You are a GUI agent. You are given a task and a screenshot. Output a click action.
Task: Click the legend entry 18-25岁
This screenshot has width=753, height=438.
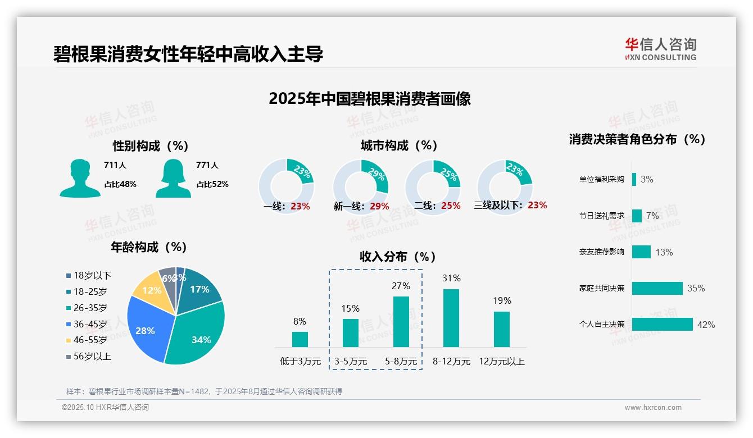coord(90,291)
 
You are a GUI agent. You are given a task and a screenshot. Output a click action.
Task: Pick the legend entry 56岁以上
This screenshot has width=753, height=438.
coord(92,356)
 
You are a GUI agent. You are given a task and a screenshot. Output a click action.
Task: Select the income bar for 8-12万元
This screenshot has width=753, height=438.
coord(451,318)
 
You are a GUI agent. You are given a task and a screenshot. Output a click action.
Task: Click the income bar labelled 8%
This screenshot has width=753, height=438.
coord(300,339)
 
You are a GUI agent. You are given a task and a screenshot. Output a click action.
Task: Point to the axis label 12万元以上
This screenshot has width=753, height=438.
coord(501,362)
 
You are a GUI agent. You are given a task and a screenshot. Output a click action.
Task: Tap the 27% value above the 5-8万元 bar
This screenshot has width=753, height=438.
coord(401,286)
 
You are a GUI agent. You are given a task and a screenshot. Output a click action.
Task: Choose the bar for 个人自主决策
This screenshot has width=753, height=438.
coord(662,325)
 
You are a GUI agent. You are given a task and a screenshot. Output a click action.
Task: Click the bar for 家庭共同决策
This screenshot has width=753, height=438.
coord(657,288)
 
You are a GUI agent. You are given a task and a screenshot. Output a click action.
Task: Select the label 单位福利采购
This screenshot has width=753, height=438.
coord(601,180)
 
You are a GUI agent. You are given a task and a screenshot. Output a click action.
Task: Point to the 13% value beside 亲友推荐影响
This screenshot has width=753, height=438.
coord(664,252)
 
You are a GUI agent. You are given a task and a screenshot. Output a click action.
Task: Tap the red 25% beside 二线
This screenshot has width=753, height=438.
coord(451,206)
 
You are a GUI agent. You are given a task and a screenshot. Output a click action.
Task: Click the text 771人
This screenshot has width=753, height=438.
coord(207,165)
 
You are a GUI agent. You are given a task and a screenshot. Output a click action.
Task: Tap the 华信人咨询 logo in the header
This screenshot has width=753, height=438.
coord(660,49)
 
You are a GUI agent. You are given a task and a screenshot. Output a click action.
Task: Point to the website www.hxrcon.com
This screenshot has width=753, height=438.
coord(652,408)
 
